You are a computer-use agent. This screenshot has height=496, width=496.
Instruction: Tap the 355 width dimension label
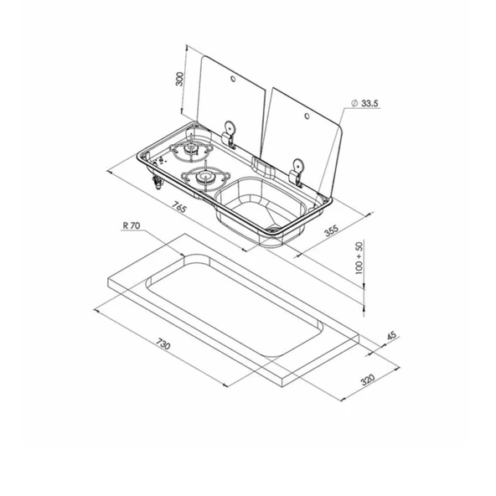[x=332, y=230]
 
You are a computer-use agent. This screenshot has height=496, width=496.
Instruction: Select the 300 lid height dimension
[x=179, y=79]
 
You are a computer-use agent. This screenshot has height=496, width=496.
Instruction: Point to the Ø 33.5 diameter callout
[x=364, y=103]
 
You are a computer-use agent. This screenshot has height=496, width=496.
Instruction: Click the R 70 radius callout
[x=132, y=225]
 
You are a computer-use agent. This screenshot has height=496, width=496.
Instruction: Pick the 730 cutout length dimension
[x=163, y=344]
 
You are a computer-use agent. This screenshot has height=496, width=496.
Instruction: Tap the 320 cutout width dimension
[x=368, y=380]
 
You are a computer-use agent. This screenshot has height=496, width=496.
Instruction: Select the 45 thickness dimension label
[x=391, y=335]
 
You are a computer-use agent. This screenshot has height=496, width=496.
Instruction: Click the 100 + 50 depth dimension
[x=359, y=257]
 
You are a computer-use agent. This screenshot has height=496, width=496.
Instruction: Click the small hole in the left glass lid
[x=233, y=79]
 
